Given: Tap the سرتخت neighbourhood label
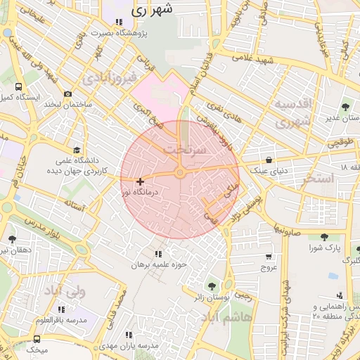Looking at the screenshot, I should pos(185,150).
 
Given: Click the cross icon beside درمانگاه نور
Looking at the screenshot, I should pos(140,181).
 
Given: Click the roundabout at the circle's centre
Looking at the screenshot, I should pos(180,173).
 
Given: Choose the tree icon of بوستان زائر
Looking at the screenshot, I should pos(212,285).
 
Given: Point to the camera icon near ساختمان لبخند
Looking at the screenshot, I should pos(67,94).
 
